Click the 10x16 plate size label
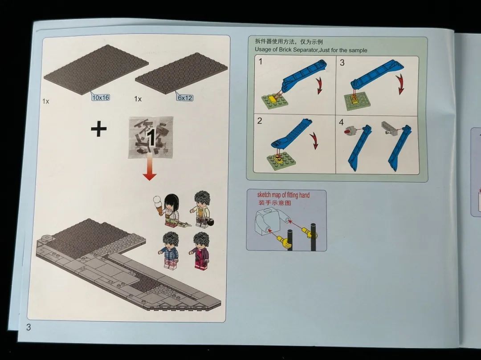(101, 97)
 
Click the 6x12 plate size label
(185, 98)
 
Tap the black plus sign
(99, 129)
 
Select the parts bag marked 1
(151, 137)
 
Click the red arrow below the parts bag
(150, 167)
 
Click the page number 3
(29, 327)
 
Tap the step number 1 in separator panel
(261, 61)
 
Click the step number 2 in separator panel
(260, 121)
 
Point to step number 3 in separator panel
(342, 62)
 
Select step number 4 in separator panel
(342, 122)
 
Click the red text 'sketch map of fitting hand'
(283, 195)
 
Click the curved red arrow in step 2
(314, 140)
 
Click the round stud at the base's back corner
(47, 238)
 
